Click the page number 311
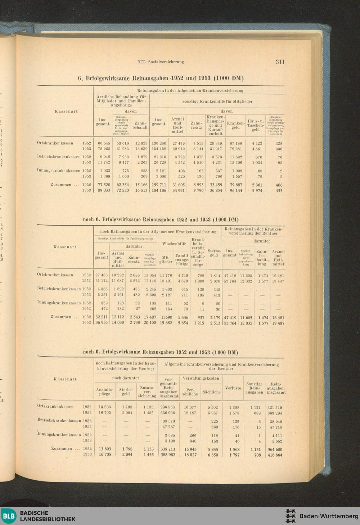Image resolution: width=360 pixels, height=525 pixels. [280, 62]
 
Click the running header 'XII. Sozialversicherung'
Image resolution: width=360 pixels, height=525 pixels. [161, 62]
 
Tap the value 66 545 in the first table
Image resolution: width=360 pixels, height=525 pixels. [103, 143]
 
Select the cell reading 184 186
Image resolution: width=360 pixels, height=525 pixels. [158, 191]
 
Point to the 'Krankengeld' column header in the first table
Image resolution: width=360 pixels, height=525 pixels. [235, 125]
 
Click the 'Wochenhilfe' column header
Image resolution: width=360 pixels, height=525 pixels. [174, 244]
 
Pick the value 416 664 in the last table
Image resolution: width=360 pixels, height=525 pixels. [275, 455]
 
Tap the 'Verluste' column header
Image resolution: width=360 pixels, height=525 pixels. [233, 388]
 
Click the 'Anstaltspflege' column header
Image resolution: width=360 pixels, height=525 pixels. [105, 392]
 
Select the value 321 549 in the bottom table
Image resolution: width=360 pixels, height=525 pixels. [275, 407]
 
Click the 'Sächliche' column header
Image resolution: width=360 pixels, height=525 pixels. [211, 392]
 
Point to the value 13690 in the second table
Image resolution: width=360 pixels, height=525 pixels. [166, 317]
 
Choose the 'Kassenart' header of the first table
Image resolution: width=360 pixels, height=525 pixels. [66, 112]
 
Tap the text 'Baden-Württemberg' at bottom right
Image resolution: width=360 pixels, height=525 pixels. [329, 516]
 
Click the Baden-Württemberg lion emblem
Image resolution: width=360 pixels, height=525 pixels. [290, 516]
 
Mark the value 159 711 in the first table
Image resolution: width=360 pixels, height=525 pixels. [158, 185]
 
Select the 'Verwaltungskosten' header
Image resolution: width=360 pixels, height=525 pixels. [201, 378]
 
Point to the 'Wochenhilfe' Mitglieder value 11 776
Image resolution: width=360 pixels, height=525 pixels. [166, 275]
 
